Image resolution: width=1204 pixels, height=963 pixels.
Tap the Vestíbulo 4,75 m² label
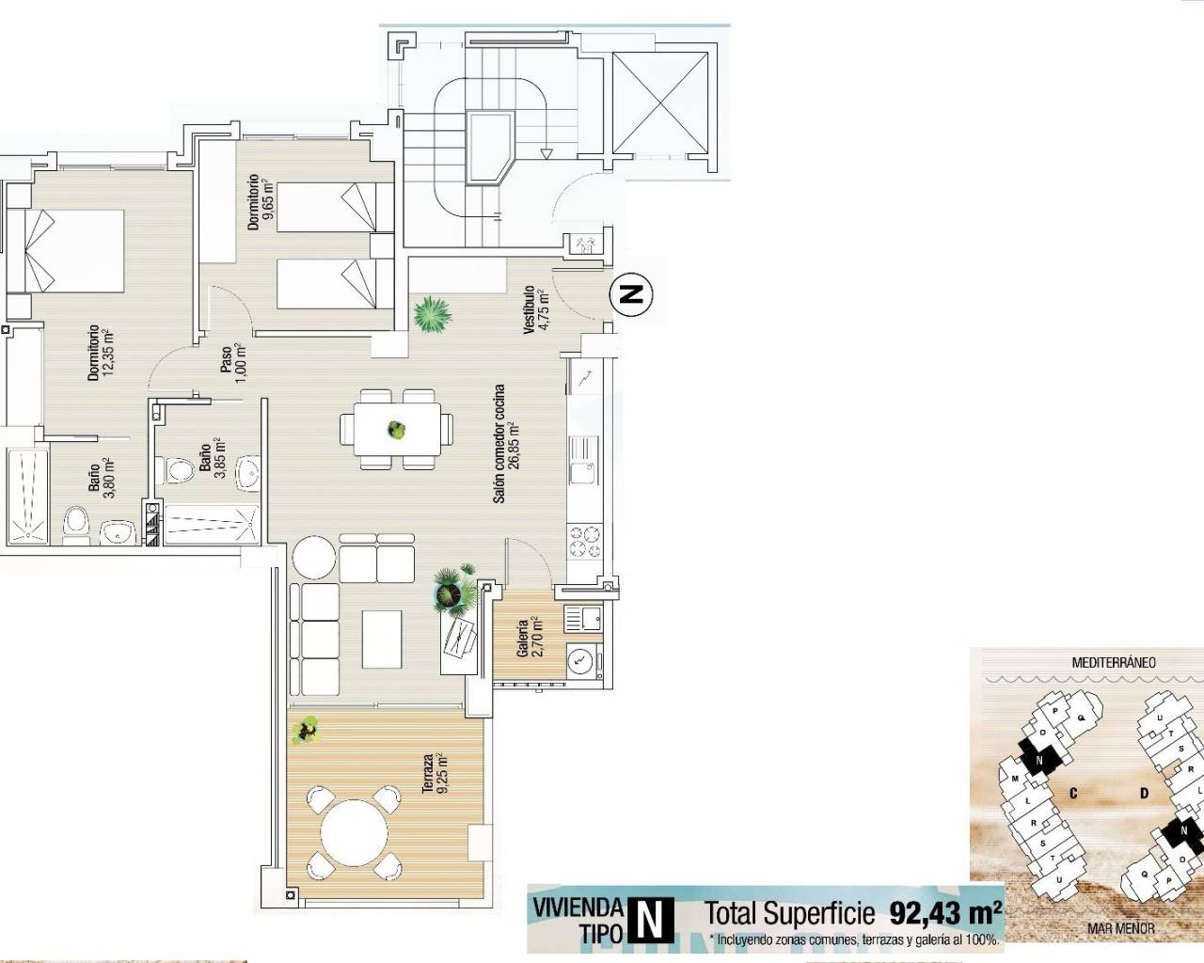coord(535,310)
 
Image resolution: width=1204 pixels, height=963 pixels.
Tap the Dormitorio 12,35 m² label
coord(101,353)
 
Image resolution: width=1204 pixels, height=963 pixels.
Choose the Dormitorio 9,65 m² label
coord(261,202)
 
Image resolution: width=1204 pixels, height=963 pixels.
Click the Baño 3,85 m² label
coord(212,458)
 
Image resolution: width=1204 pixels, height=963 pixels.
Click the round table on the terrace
coord(355,833)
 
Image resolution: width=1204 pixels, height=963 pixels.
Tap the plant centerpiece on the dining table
coord(397,430)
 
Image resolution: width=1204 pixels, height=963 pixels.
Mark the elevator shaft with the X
coord(660,103)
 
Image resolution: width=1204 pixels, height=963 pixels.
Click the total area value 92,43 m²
coord(945,912)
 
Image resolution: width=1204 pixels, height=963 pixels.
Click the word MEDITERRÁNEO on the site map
coord(1114,662)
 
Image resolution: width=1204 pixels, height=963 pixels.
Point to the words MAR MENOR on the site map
coord(1120,928)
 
